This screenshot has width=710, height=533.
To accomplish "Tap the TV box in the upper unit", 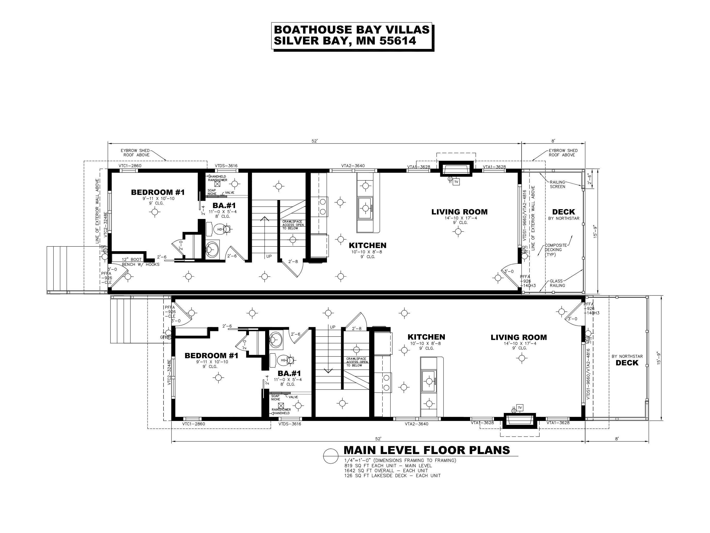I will tap(456, 182).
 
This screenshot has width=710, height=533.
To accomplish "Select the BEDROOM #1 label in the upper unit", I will tap(158, 192).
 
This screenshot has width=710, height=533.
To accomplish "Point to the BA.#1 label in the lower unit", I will tap(289, 374).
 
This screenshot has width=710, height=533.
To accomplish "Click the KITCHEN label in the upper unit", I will tap(368, 246).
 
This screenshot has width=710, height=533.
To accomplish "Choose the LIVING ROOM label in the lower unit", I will tap(519, 337).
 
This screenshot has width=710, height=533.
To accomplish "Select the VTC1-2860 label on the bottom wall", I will tap(194, 424).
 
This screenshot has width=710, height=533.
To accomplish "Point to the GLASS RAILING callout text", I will tap(557, 283).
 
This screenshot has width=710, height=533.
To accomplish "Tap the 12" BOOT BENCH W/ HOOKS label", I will tap(140, 262).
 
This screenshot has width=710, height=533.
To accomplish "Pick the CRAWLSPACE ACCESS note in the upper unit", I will tap(293, 225).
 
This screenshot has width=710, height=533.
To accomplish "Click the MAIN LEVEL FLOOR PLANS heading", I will tap(427, 450).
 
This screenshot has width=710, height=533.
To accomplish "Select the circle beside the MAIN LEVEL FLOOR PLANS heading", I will tap(331, 456).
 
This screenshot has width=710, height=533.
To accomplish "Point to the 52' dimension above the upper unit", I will tap(315, 141).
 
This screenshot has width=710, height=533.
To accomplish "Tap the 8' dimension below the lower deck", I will tap(617, 438).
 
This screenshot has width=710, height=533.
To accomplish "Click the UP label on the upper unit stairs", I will tap(269, 256).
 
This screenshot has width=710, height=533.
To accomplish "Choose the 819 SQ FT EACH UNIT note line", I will tap(388, 466).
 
